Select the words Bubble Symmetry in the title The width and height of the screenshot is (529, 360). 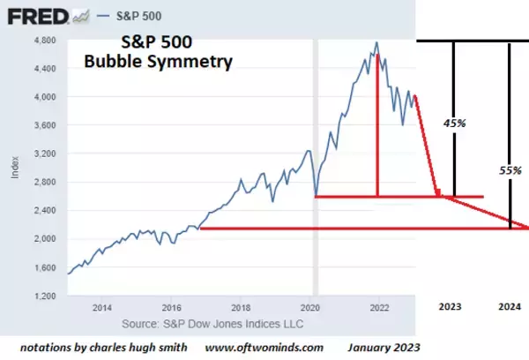pyautogui.click(x=158, y=63)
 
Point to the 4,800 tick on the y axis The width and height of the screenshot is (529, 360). pyautogui.click(x=45, y=41)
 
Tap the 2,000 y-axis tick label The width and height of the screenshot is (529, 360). pyautogui.click(x=45, y=239)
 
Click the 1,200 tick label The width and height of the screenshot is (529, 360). pyautogui.click(x=45, y=296)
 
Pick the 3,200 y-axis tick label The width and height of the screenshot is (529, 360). pyautogui.click(x=45, y=154)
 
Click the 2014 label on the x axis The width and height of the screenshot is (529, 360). pyautogui.click(x=102, y=308)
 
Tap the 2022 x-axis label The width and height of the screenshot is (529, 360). pyautogui.click(x=379, y=308)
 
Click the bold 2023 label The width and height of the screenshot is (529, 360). pyautogui.click(x=450, y=307)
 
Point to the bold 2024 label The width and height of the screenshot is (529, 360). pyautogui.click(x=509, y=307)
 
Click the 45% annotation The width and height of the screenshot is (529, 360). pyautogui.click(x=455, y=124)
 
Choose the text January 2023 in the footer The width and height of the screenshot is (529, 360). pyautogui.click(x=384, y=347)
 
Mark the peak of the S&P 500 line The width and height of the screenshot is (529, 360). pyautogui.click(x=377, y=42)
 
